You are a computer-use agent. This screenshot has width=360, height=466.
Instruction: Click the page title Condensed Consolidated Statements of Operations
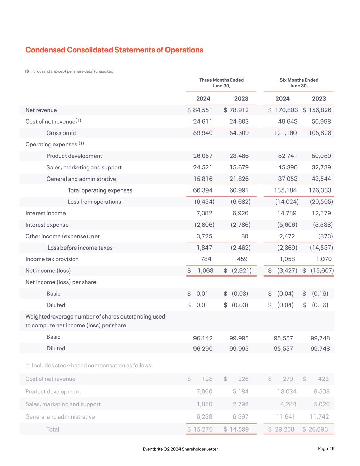coord(114,50)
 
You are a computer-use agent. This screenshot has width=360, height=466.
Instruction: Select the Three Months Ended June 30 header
coord(221,83)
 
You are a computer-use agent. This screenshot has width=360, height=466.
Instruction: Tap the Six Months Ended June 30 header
coord(299,83)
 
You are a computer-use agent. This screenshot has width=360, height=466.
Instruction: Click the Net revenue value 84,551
coord(202,110)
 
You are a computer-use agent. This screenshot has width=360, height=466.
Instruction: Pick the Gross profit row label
coord(61,133)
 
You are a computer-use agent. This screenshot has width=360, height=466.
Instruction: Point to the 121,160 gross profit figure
coord(285,133)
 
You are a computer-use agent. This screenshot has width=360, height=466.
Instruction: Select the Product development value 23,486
coord(239,156)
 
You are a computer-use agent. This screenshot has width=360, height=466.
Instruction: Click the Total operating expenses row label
coord(100,190)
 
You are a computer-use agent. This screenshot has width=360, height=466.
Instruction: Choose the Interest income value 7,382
coord(203,213)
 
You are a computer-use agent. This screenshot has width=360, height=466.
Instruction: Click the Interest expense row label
coord(47,225)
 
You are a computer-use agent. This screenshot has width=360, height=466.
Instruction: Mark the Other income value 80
coord(244,236)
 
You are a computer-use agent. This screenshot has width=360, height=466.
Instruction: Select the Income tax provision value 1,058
coord(287,259)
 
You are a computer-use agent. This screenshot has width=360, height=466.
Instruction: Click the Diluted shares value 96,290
coord(203,348)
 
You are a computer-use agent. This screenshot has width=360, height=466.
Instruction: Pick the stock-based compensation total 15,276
coord(203,429)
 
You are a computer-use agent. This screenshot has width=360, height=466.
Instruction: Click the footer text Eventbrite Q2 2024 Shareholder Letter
coord(180,449)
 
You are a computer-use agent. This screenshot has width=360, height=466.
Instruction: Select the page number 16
coord(332,449)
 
